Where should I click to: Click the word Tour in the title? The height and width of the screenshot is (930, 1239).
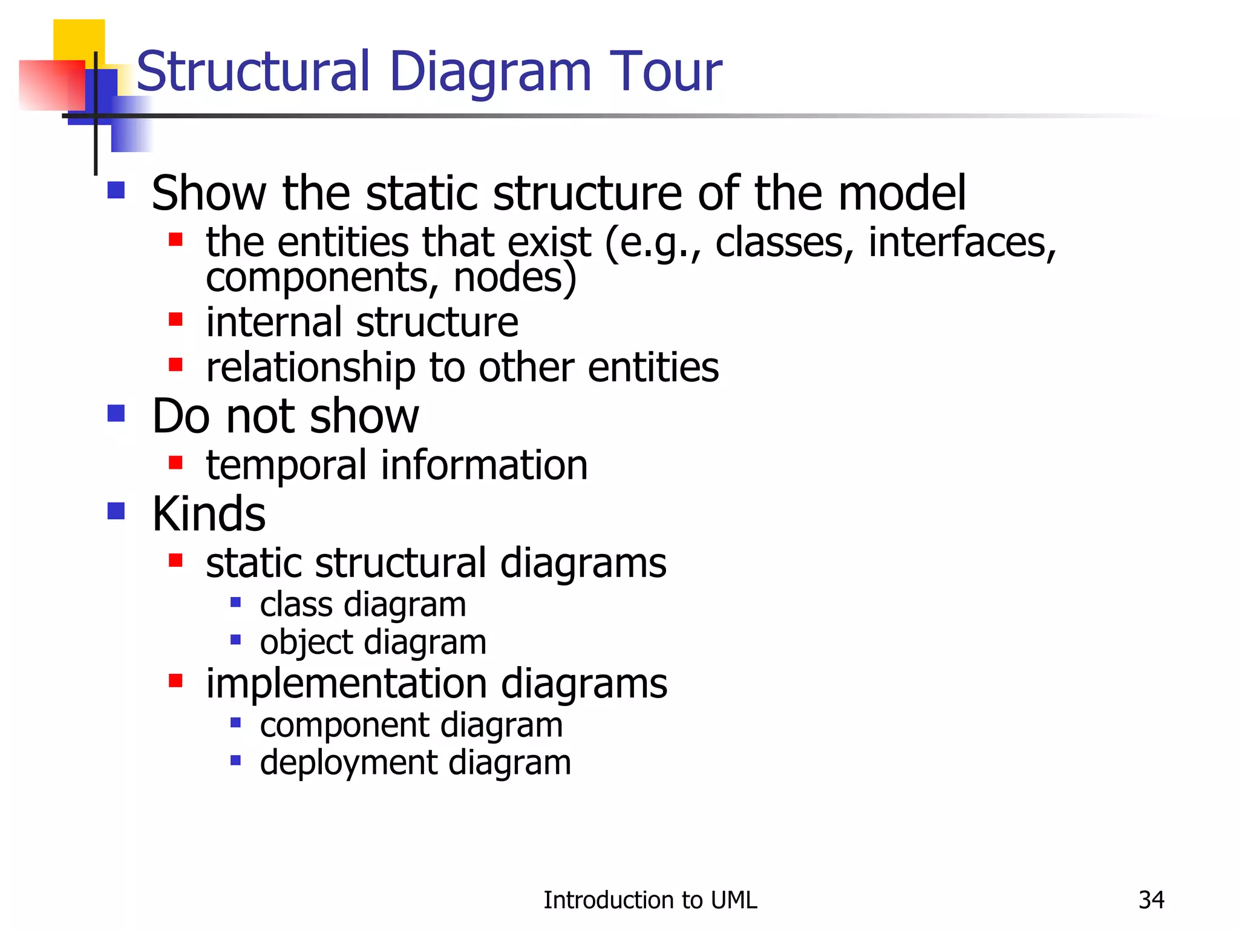click(665, 71)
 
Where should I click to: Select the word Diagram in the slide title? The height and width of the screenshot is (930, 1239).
click(490, 73)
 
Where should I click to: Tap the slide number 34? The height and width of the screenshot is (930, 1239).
click(1151, 900)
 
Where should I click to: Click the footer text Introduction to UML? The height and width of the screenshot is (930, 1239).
click(650, 900)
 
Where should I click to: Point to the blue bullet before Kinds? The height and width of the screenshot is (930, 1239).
click(116, 511)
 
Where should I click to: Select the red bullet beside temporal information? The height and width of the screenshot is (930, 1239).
click(175, 463)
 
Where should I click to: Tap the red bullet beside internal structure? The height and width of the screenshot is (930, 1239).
click(175, 319)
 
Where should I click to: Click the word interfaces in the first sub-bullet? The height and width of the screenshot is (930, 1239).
click(962, 242)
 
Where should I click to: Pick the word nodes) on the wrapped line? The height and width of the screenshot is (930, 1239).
click(515, 277)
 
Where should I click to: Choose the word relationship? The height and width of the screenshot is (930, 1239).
click(310, 368)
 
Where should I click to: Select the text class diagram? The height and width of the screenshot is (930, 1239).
click(363, 605)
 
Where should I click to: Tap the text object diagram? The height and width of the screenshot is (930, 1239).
click(373, 642)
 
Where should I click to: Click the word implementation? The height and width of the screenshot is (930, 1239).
click(346, 684)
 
